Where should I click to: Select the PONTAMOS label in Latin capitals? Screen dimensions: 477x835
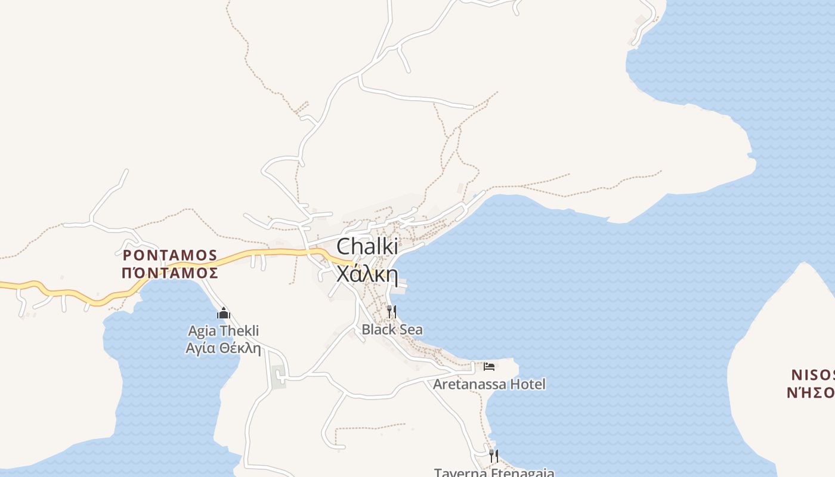170,255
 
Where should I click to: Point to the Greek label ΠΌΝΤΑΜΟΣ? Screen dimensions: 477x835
170,273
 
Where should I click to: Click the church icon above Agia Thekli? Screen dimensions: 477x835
224,313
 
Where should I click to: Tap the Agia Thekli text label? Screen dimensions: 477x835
224,331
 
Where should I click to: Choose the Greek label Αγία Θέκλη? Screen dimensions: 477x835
224,348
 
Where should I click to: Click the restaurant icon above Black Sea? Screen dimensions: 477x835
392,311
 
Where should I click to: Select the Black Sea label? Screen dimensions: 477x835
392,329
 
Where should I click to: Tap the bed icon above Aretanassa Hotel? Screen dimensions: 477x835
489,366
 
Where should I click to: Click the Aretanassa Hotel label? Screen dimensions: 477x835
489,384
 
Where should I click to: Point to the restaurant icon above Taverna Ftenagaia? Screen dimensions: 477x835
494,456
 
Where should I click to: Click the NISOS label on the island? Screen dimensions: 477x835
812,375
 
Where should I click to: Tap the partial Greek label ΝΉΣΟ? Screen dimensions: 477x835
810,392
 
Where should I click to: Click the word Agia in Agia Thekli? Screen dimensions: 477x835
202,331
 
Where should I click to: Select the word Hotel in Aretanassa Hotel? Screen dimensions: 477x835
527,384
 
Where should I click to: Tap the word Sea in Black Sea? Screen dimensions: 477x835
412,329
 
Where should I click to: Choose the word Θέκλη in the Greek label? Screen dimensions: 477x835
242,348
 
